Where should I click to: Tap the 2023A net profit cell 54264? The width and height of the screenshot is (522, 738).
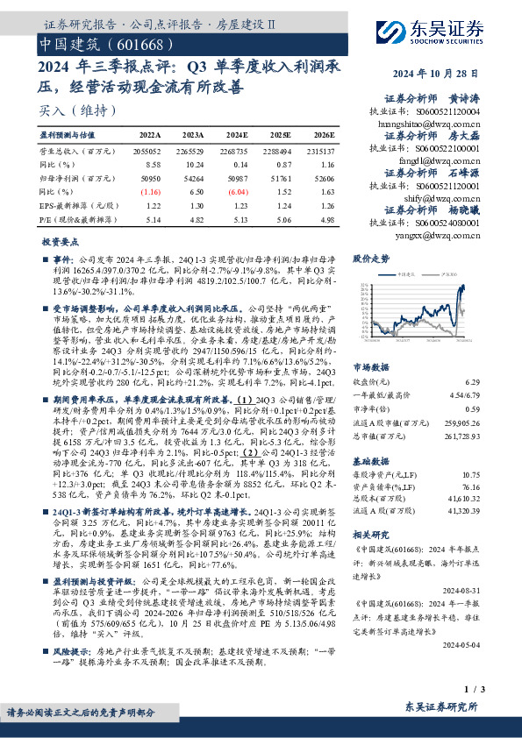193,176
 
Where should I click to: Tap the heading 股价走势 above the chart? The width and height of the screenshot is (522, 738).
370,259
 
